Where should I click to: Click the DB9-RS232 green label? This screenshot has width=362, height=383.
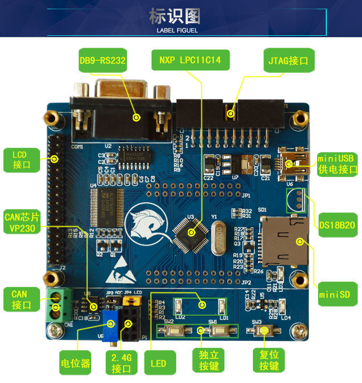[x=102, y=60]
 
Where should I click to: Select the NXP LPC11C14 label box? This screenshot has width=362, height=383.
[x=190, y=60]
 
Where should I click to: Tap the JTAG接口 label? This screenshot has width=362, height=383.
[x=288, y=61]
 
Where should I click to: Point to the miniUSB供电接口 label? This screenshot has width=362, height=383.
[x=337, y=164]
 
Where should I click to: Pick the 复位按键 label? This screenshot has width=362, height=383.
[x=269, y=360]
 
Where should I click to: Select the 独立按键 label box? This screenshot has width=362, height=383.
[x=209, y=360]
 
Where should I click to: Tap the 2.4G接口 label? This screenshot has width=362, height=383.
[x=122, y=363]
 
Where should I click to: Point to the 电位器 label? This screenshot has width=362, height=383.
[x=75, y=363]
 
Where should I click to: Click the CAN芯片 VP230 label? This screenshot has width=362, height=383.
[x=20, y=222]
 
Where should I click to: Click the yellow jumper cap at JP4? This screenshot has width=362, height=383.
[x=129, y=300]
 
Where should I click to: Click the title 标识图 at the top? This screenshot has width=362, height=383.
[x=175, y=16]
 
